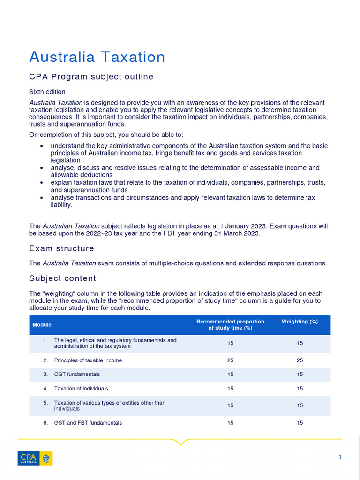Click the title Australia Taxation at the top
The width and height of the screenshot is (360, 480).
(x=97, y=57)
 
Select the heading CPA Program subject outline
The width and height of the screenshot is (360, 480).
(x=91, y=77)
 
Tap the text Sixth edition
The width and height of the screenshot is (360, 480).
(x=47, y=92)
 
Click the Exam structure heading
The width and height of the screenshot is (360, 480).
(x=61, y=248)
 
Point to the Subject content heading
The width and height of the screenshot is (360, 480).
(x=62, y=278)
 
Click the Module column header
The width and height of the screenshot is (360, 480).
(x=42, y=325)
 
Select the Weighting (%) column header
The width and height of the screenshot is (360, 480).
(x=300, y=322)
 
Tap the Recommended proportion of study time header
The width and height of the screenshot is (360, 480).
(x=230, y=325)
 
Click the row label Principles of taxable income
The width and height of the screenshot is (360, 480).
(x=88, y=360)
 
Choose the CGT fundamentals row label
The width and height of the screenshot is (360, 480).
(x=77, y=375)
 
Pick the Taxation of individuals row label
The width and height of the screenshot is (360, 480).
(x=81, y=389)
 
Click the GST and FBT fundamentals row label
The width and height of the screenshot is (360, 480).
(x=88, y=423)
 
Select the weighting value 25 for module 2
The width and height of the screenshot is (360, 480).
(x=300, y=360)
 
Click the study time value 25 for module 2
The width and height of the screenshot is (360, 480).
(x=230, y=360)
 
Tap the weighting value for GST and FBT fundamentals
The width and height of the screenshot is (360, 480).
(x=300, y=423)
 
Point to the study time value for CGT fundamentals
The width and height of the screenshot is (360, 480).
(x=230, y=375)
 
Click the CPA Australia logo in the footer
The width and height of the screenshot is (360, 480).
(x=35, y=458)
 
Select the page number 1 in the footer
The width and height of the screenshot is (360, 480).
(x=340, y=457)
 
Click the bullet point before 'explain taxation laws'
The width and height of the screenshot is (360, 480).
(x=42, y=182)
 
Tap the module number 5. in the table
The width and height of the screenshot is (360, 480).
(x=45, y=403)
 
